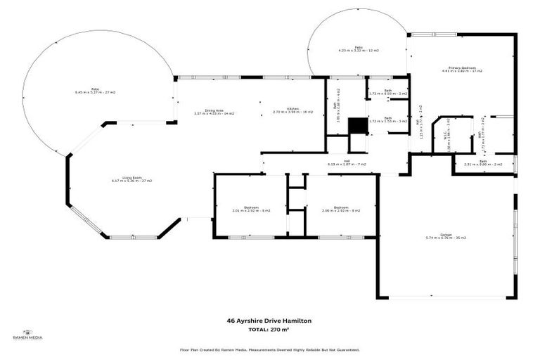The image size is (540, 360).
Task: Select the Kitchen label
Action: [x=292, y=110]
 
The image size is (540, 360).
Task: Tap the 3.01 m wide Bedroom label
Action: [x=250, y=209]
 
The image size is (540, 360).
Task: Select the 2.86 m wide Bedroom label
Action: [x=341, y=209]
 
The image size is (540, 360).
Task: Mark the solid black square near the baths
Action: [x=359, y=125]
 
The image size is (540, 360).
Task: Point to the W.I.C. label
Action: [x=446, y=134]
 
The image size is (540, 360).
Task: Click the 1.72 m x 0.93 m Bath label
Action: [x=387, y=92]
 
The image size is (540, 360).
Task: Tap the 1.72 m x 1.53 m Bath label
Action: [x=387, y=120]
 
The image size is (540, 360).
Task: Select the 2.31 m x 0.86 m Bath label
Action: [x=483, y=163]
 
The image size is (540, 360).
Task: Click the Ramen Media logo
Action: [x=28, y=335]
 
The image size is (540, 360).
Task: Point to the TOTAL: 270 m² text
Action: [x=269, y=329]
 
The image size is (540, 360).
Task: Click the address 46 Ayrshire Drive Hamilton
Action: [x=269, y=321]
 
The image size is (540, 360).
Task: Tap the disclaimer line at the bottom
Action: [x=269, y=349]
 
